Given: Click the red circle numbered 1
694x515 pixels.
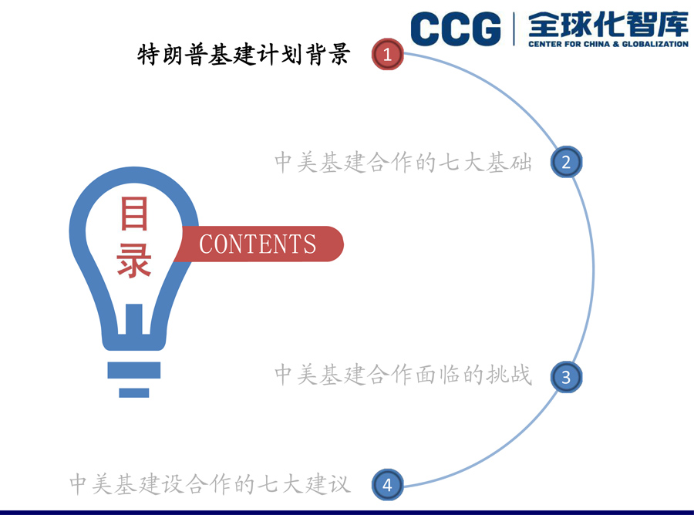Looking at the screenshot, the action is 387,55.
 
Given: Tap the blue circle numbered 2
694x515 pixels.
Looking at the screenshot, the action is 566,162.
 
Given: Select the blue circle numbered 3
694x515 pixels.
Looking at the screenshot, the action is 566,377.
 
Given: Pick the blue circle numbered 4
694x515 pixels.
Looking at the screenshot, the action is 387,484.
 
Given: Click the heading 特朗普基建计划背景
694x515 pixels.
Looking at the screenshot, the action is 244,55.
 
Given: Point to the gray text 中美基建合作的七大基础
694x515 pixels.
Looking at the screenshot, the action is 403,162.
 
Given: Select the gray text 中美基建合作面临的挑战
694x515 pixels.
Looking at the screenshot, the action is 403,375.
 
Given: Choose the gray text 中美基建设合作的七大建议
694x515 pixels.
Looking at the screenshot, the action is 210,483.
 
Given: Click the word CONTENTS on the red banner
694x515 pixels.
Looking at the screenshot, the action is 258,244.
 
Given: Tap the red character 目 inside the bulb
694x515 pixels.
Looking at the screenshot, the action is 134,214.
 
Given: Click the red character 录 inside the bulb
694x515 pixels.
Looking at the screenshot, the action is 134,261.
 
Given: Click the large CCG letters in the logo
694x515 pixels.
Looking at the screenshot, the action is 456,29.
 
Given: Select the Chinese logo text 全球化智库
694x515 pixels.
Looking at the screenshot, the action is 608,25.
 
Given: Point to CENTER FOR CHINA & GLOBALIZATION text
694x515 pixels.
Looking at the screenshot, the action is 608,44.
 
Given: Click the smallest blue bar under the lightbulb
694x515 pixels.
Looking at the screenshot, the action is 134,392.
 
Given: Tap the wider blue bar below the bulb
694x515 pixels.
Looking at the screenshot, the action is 134,370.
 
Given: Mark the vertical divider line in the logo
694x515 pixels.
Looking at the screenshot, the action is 514,29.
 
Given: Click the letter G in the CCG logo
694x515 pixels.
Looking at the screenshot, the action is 486,29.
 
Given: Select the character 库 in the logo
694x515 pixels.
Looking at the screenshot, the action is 672,25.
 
